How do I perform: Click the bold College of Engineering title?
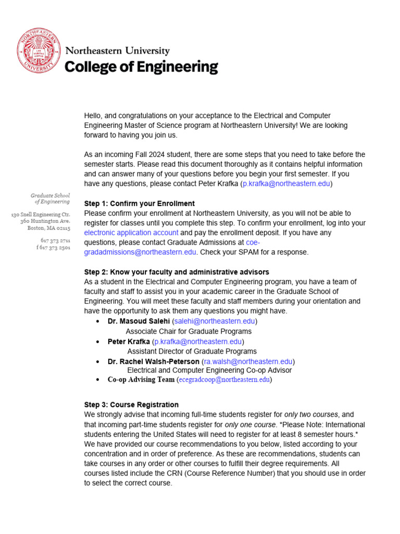141,67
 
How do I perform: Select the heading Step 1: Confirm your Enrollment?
139,203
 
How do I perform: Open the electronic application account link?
131,233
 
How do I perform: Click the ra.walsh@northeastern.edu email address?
248,361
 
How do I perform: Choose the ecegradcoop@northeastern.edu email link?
224,380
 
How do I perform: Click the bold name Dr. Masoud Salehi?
139,321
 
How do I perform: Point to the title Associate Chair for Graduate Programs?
189,331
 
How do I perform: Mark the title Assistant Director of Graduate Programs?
192,351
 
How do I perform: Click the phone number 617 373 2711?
55,240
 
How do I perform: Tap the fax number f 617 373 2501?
53,248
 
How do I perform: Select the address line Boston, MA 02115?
49,228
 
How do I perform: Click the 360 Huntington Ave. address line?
45,221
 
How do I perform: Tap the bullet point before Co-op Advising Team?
98,380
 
